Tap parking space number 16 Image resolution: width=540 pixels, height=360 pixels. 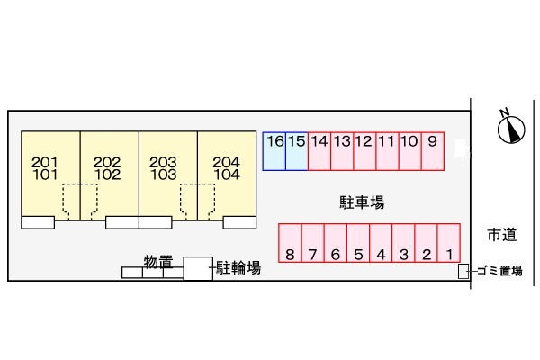pyautogui.click(x=274, y=151)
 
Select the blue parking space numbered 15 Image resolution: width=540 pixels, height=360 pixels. pyautogui.click(x=297, y=151)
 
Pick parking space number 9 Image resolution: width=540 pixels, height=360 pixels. pyautogui.click(x=433, y=151)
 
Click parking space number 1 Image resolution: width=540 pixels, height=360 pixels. pyautogui.click(x=449, y=243)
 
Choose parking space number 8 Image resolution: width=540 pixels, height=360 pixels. pyautogui.click(x=289, y=243)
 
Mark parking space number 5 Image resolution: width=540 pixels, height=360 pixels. pyautogui.click(x=357, y=243)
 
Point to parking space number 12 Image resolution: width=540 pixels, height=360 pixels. pyautogui.click(x=364, y=151)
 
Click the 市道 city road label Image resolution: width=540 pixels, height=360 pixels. pyautogui.click(x=502, y=236)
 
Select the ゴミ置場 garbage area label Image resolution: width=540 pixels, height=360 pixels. pyautogui.click(x=499, y=271)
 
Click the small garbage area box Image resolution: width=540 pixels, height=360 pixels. pyautogui.click(x=463, y=271)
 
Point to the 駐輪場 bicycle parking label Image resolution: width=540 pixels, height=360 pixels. pyautogui.click(x=239, y=267)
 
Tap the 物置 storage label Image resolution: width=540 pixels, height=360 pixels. pyautogui.click(x=158, y=261)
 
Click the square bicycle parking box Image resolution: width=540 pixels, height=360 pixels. pyautogui.click(x=198, y=268)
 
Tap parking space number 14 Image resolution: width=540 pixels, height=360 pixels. pyautogui.click(x=319, y=151)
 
